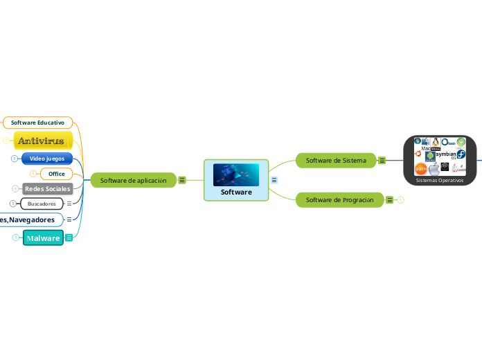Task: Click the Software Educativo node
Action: [x=37, y=123]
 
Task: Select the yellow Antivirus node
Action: [x=41, y=141]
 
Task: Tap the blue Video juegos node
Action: [x=47, y=159]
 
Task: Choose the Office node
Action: [x=57, y=174]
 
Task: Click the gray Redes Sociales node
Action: [x=47, y=188]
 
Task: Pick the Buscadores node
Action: [x=42, y=204]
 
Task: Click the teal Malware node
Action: [x=43, y=238]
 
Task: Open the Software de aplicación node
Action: [x=134, y=181]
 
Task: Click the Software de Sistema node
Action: [x=336, y=161]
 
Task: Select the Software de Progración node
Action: [x=339, y=200]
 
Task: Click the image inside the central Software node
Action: [x=236, y=174]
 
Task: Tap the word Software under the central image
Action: [x=236, y=192]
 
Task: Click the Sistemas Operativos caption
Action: [x=440, y=180]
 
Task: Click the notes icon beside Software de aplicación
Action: [x=182, y=181]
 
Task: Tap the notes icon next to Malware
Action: [x=69, y=238]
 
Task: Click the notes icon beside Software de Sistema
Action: [x=382, y=161]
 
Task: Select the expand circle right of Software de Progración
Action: [x=400, y=200]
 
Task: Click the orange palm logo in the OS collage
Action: [x=420, y=168]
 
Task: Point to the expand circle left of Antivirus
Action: [x=6, y=141]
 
